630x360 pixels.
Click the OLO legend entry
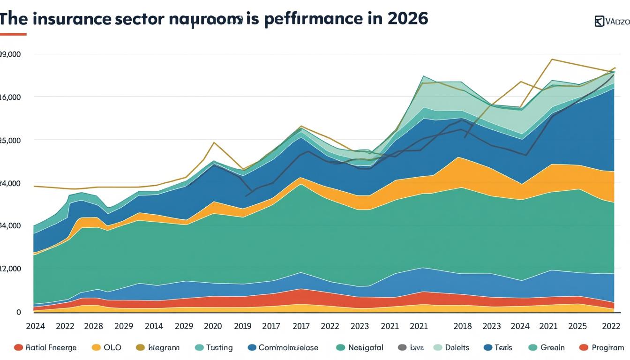pyautogui.click(x=112, y=347)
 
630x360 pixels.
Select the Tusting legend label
pyautogui.click(x=219, y=347)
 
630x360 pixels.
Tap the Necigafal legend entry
pyautogui.click(x=366, y=347)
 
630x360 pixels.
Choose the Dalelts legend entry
pyautogui.click(x=457, y=347)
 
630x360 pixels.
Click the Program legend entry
pyautogui.click(x=607, y=347)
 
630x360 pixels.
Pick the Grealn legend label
pyautogui.click(x=552, y=347)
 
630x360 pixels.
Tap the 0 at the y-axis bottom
pyautogui.click(x=18, y=312)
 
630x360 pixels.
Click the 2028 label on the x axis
pyautogui.click(x=94, y=326)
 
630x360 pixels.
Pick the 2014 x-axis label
pyautogui.click(x=154, y=326)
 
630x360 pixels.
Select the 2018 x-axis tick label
pyautogui.click(x=462, y=326)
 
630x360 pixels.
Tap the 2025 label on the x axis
pyautogui.click(x=578, y=326)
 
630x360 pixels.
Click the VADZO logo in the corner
pyautogui.click(x=612, y=22)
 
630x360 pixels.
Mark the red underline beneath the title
pyautogui.click(x=13, y=34)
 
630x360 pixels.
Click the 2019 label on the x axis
pyautogui.click(x=242, y=326)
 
